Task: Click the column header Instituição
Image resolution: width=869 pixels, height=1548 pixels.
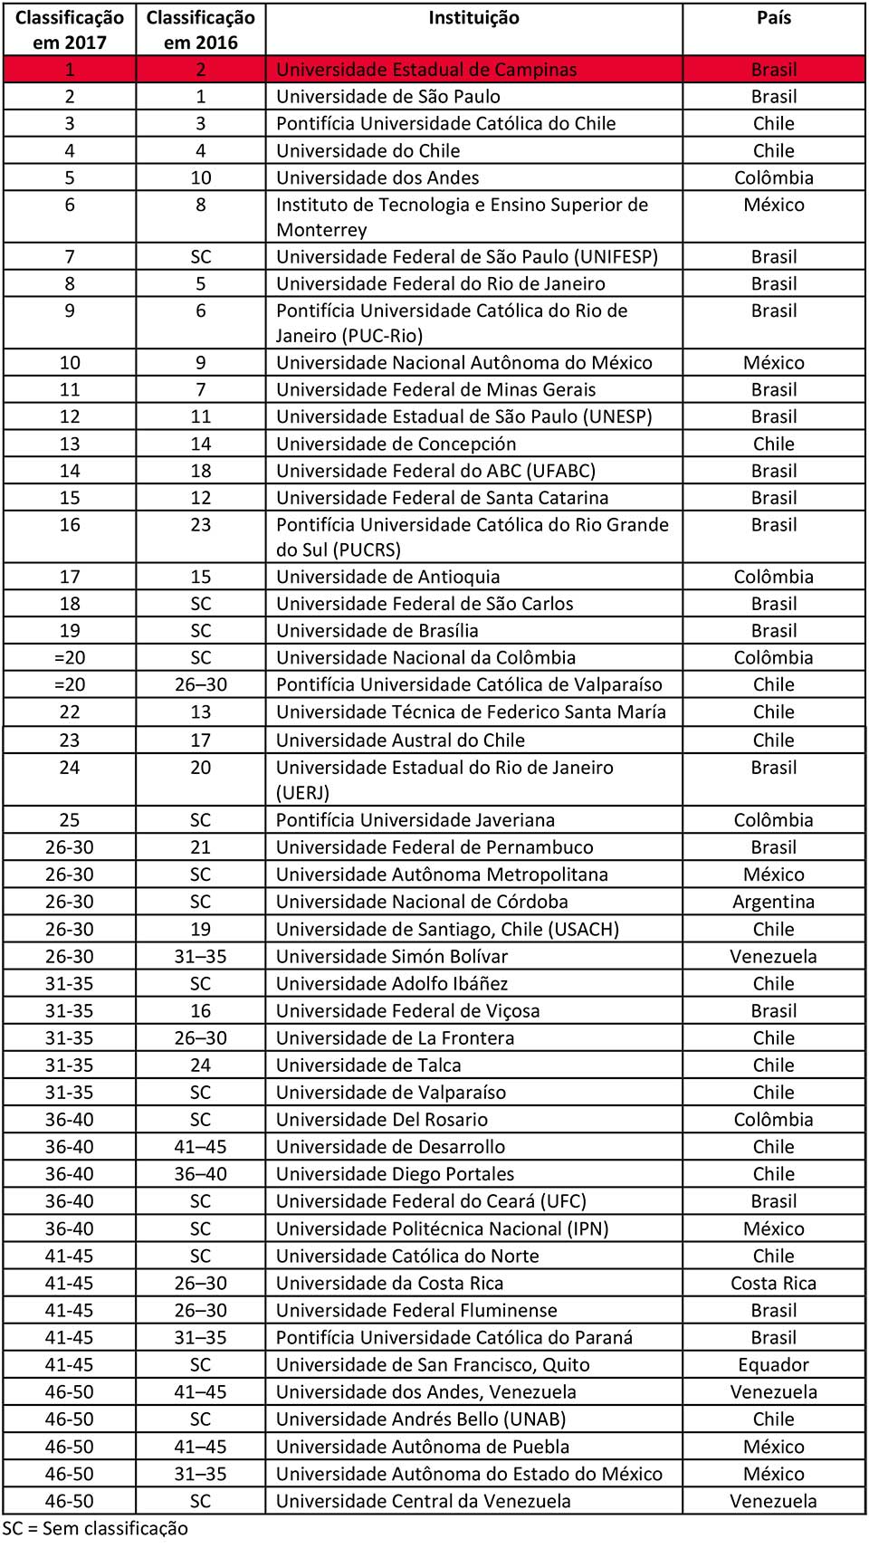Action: coord(473,18)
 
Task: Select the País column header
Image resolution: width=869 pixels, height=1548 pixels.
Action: coord(773,18)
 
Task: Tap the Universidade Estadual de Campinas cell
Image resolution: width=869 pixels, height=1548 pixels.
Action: coord(426,70)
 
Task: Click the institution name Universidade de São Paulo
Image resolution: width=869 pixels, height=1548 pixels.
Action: coord(387,97)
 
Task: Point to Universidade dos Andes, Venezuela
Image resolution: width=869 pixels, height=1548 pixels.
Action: coord(425,1391)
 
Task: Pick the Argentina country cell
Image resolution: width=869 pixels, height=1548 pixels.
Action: coord(773,902)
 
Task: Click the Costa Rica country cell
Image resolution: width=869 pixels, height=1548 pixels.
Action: coord(773,1283)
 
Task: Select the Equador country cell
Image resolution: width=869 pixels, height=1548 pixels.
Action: coord(773,1364)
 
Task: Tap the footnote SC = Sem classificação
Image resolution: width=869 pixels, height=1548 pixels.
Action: coord(95,1528)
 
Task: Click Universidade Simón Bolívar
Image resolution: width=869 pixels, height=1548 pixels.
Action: coord(391,956)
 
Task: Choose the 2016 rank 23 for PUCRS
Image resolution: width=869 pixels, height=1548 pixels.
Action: coord(200,525)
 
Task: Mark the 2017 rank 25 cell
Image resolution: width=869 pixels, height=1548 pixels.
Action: coord(70,820)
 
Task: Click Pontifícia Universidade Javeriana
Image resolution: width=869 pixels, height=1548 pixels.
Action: coord(415,820)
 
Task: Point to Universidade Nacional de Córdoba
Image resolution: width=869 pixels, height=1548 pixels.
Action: coord(422,902)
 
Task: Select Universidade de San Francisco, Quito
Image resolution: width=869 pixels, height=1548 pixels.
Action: coord(433,1364)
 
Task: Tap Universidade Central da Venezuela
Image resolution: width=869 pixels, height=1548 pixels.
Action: coord(423,1501)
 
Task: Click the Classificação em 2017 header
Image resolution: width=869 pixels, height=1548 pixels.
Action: coord(70,30)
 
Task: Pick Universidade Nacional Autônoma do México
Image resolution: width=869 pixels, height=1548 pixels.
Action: coord(463,363)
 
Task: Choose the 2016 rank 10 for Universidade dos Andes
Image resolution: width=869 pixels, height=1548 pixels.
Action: coord(200,178)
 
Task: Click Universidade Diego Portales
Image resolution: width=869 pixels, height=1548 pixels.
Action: coord(395,1174)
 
